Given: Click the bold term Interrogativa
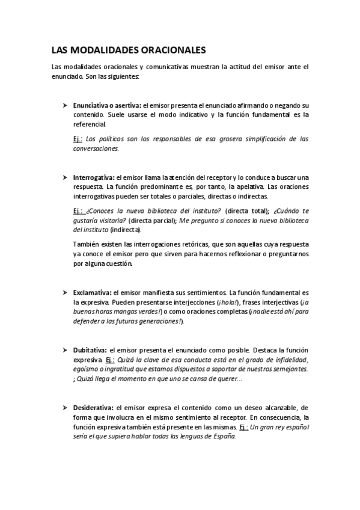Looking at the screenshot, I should tap(93, 178).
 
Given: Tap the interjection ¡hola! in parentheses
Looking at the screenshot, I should tap(228, 302).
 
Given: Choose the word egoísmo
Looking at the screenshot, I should tap(87, 369).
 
